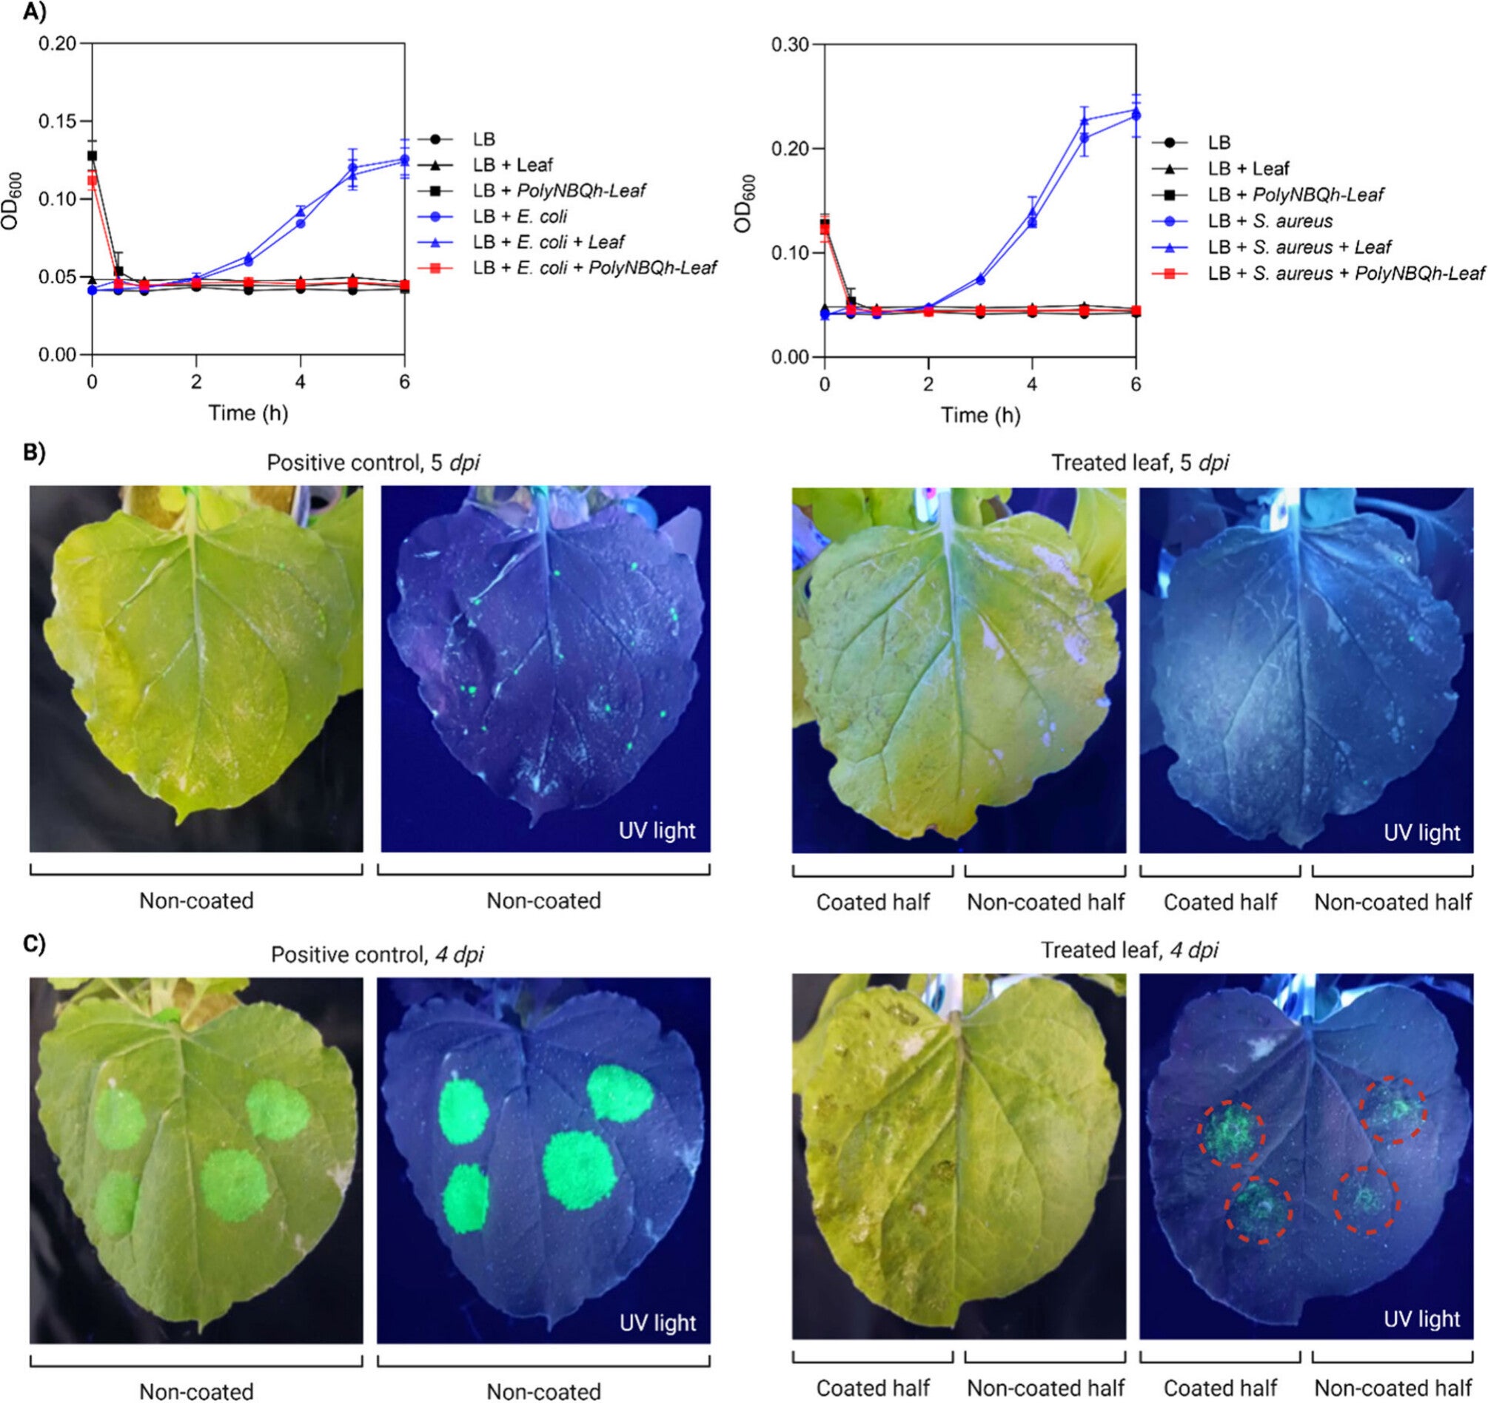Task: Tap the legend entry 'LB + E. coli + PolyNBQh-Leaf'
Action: [594, 267]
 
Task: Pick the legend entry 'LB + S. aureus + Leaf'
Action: [1299, 247]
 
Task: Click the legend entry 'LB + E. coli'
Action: [520, 216]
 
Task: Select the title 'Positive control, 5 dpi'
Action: [374, 462]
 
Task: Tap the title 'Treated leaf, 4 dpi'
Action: [1130, 950]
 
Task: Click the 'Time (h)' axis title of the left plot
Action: [248, 412]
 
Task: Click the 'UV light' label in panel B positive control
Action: [657, 830]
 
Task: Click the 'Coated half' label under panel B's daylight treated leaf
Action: [873, 903]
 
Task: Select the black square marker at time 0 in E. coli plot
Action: [92, 155]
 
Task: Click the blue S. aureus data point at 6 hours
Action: [1136, 115]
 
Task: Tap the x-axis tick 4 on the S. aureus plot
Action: [1031, 384]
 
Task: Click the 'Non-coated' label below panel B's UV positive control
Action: [543, 900]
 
